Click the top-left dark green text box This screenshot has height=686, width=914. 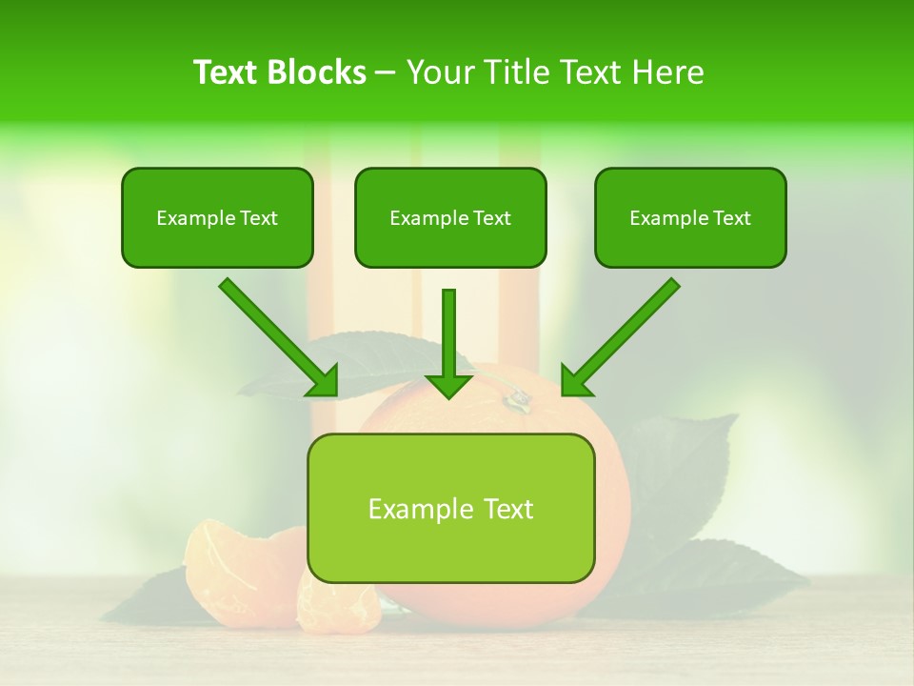[217, 217]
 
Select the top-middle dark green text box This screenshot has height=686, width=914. [450, 217]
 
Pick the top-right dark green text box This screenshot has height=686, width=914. [690, 217]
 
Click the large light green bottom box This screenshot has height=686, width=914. [450, 508]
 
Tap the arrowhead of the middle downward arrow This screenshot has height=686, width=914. [449, 384]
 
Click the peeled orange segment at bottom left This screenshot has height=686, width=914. [213, 562]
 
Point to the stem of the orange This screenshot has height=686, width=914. [517, 400]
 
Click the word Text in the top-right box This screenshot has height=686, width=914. [731, 218]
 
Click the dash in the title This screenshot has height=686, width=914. [386, 73]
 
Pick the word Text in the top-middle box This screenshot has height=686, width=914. [491, 218]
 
